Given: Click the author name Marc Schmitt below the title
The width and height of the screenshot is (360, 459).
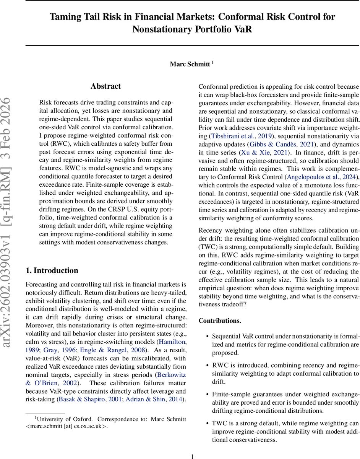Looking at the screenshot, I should coord(190,64).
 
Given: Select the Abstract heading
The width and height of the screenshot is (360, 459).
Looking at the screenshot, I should coord(105,86).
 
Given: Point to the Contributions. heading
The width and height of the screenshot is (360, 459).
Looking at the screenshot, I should coord(220,321).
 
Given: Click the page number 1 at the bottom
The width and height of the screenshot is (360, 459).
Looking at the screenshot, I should coord(192,456).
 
